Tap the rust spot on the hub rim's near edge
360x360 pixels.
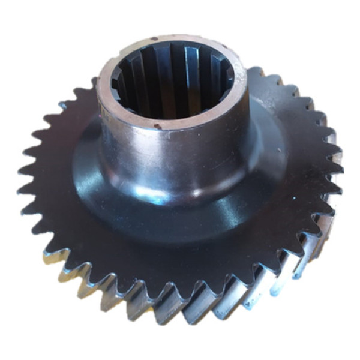(x=157, y=127)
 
